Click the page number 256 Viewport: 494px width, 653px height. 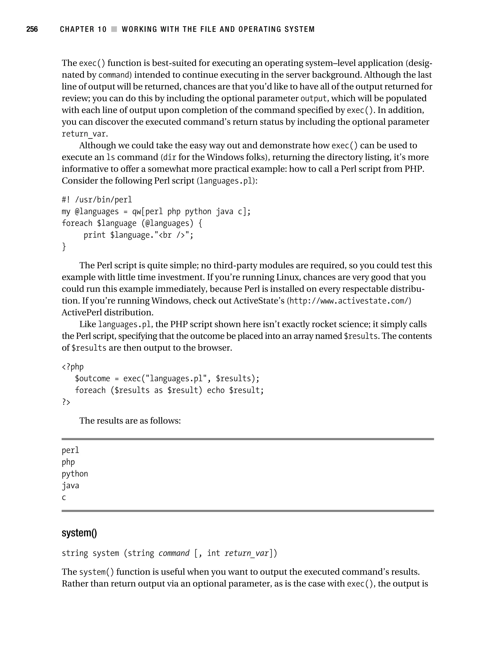[32, 29]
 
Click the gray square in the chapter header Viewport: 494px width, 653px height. [114, 29]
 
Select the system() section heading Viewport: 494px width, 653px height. [79, 533]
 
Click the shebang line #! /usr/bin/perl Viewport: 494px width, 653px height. [97, 200]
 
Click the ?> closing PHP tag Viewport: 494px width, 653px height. [66, 402]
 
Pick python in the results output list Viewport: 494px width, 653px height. [75, 474]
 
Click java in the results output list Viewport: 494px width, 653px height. [70, 486]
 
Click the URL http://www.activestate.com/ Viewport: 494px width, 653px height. [350, 301]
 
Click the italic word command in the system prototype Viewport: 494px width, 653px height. [174, 553]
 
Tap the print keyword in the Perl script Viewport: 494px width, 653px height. [94, 235]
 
